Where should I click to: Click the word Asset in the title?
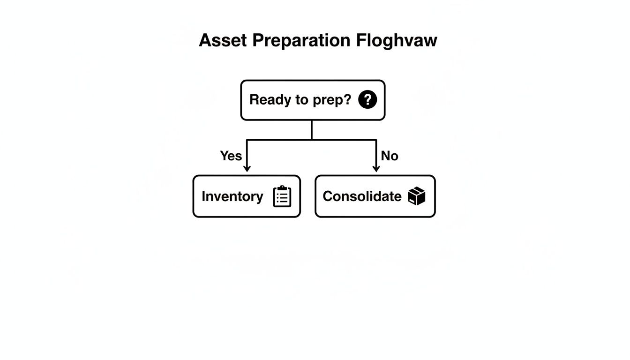[x=223, y=40]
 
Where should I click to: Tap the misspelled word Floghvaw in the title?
[x=397, y=40]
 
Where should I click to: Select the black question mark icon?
[x=367, y=100]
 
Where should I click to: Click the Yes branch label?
[x=231, y=156]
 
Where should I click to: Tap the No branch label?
[x=389, y=156]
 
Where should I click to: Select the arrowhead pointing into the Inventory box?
[x=247, y=169]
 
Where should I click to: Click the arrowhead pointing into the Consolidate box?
[x=375, y=169]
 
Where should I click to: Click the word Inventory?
[x=232, y=196]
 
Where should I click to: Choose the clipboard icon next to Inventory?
[x=282, y=196]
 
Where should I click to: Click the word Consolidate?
[x=362, y=196]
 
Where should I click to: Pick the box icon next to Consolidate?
[x=416, y=196]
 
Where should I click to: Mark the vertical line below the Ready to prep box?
[x=312, y=130]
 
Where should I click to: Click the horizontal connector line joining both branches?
[x=281, y=140]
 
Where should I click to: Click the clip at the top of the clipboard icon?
[x=282, y=188]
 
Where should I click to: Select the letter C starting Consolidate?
[x=327, y=196]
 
